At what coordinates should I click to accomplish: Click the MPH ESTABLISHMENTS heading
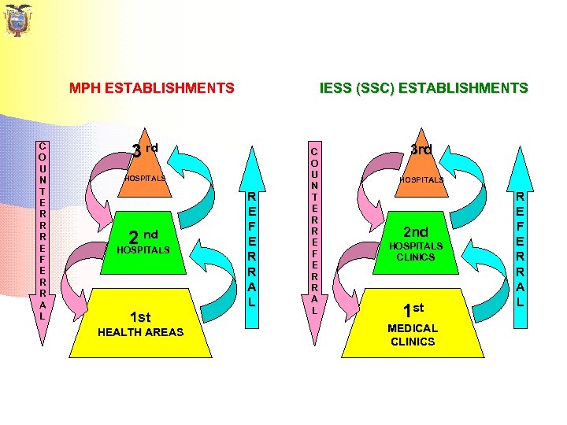(151, 88)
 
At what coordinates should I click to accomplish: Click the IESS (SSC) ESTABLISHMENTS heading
(424, 88)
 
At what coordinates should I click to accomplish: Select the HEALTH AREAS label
(140, 332)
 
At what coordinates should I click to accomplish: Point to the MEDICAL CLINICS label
(412, 334)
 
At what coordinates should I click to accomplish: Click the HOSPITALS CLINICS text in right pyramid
(416, 251)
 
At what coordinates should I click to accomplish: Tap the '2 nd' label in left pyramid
(143, 235)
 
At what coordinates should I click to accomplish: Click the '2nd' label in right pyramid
(416, 232)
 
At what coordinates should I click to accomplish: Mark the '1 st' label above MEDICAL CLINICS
(413, 310)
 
